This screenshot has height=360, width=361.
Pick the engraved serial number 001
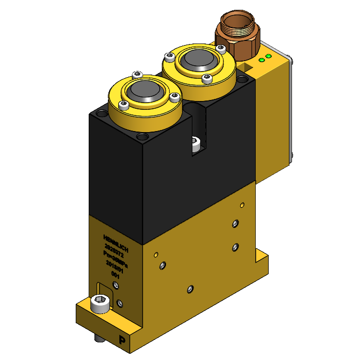point(115,276)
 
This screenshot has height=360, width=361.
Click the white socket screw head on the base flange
point(100,303)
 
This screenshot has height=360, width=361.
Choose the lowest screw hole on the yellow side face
point(190,289)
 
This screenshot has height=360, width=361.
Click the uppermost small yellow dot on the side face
point(242,205)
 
